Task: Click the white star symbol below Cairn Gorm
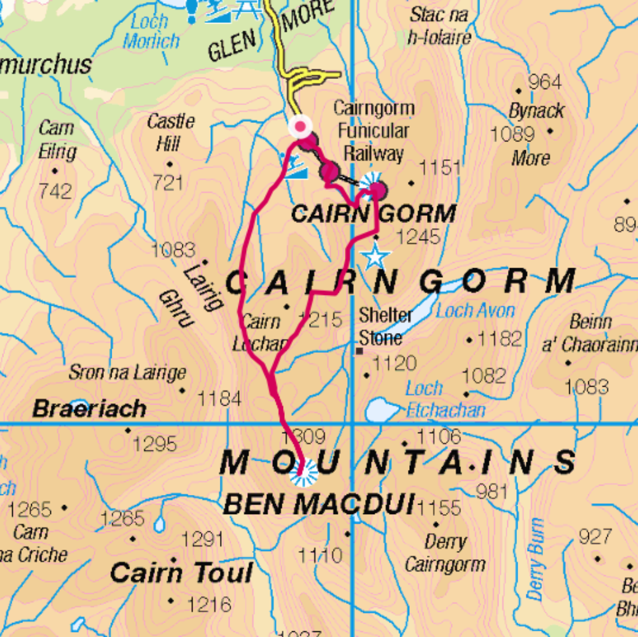pos(375,257)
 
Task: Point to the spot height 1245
pos(417,237)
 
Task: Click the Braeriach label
pos(89,408)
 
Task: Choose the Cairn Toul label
pos(181,573)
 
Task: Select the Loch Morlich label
pos(150,32)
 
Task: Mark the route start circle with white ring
pos(300,126)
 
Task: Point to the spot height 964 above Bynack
pos(544,82)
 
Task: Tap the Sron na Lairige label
pos(127,373)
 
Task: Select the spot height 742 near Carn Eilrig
pos(55,190)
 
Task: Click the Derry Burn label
pos(535,558)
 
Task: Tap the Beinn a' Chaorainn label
pos(590,333)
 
